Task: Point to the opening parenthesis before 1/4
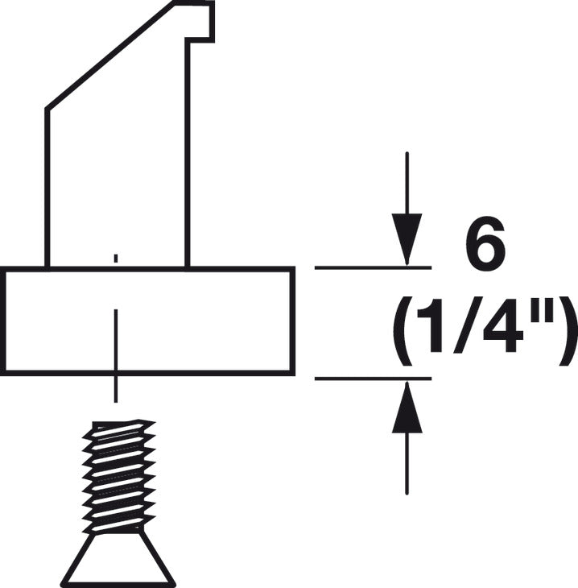point(403,331)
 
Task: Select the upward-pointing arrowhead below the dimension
point(407,407)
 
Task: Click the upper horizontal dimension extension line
point(373,267)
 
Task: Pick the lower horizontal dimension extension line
point(373,379)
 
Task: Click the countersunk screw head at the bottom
point(118,559)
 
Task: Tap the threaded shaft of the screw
point(119,476)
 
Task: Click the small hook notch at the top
point(200,22)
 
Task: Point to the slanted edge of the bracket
point(111,56)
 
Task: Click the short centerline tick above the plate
point(116,258)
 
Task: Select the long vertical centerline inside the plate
point(116,355)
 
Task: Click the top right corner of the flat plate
point(293,268)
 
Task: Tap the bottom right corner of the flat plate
point(293,374)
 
